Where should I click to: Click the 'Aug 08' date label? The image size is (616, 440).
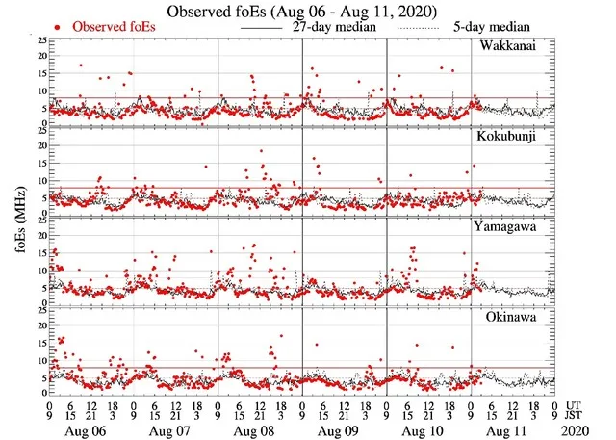259,428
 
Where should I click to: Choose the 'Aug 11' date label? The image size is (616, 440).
512,428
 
